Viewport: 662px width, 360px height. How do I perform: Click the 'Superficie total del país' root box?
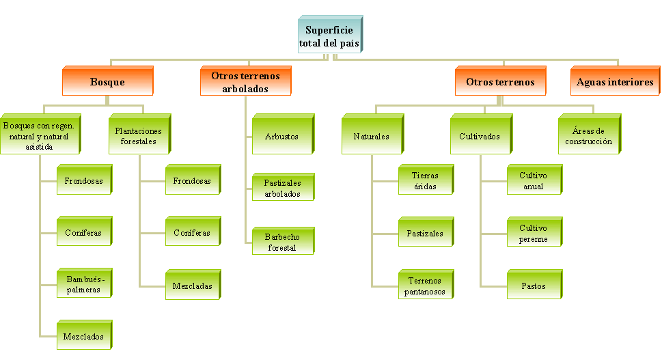click(329, 36)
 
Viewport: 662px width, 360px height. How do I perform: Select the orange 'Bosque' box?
click(107, 82)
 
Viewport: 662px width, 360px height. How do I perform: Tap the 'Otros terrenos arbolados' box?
click(246, 82)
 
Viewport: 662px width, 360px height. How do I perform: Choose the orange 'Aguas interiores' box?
click(615, 82)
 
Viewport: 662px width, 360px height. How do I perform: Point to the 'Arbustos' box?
click(281, 136)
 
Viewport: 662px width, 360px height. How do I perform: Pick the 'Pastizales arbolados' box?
click(282, 188)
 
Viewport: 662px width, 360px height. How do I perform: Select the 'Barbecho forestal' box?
click(282, 243)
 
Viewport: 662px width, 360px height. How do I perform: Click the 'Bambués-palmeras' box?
click(83, 284)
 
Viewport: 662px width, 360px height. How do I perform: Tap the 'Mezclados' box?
click(83, 337)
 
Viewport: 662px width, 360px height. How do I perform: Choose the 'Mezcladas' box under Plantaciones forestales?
click(192, 286)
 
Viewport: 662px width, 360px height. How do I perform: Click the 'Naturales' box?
click(371, 136)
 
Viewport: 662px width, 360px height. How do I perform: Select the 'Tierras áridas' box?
click(426, 181)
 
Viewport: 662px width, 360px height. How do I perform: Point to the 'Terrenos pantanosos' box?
click(426, 286)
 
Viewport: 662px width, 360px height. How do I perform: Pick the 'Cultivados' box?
click(478, 136)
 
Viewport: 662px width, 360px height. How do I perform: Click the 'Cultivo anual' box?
click(533, 180)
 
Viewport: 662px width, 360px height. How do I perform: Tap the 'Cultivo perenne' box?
click(533, 234)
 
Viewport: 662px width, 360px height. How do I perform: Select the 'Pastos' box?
click(533, 286)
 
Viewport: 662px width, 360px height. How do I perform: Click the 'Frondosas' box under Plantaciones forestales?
click(192, 181)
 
